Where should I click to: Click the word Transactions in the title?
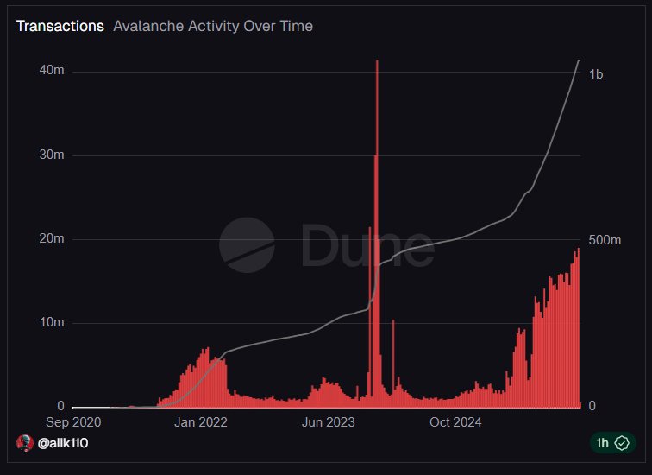60,26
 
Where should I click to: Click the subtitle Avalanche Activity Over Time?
213,26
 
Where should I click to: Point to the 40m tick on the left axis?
52,71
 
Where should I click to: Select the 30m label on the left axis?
52,155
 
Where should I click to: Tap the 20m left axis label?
52,239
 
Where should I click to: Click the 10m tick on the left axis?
52,323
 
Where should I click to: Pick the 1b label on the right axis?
596,74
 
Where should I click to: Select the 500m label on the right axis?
605,240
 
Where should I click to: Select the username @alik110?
63,443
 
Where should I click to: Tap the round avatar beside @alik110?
24,443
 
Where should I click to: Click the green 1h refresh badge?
613,443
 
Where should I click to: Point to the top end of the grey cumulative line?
579,60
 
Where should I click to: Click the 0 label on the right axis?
592,406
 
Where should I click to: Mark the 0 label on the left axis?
60,406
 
